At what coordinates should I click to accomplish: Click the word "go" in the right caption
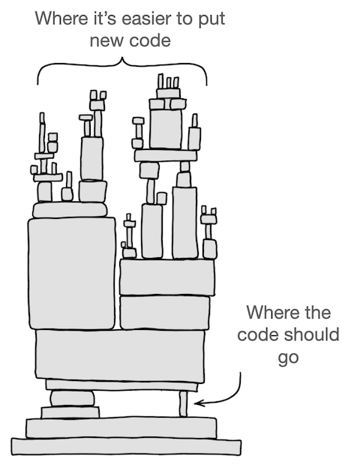pyautogui.click(x=288, y=358)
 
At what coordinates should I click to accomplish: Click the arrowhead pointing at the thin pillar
pyautogui.click(x=198, y=403)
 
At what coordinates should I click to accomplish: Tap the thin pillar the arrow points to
pyautogui.click(x=183, y=403)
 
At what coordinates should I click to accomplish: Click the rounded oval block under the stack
pyautogui.click(x=72, y=398)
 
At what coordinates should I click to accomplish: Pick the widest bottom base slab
pyautogui.click(x=126, y=446)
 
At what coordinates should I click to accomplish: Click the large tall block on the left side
pyautogui.click(x=72, y=273)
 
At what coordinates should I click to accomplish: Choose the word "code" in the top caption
pyautogui.click(x=150, y=40)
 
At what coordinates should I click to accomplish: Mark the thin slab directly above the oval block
pyautogui.click(x=121, y=385)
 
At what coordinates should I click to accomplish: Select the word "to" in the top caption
pyautogui.click(x=186, y=19)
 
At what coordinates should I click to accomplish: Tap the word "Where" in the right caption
pyautogui.click(x=269, y=312)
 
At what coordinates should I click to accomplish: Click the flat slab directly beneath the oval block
pyautogui.click(x=70, y=412)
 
